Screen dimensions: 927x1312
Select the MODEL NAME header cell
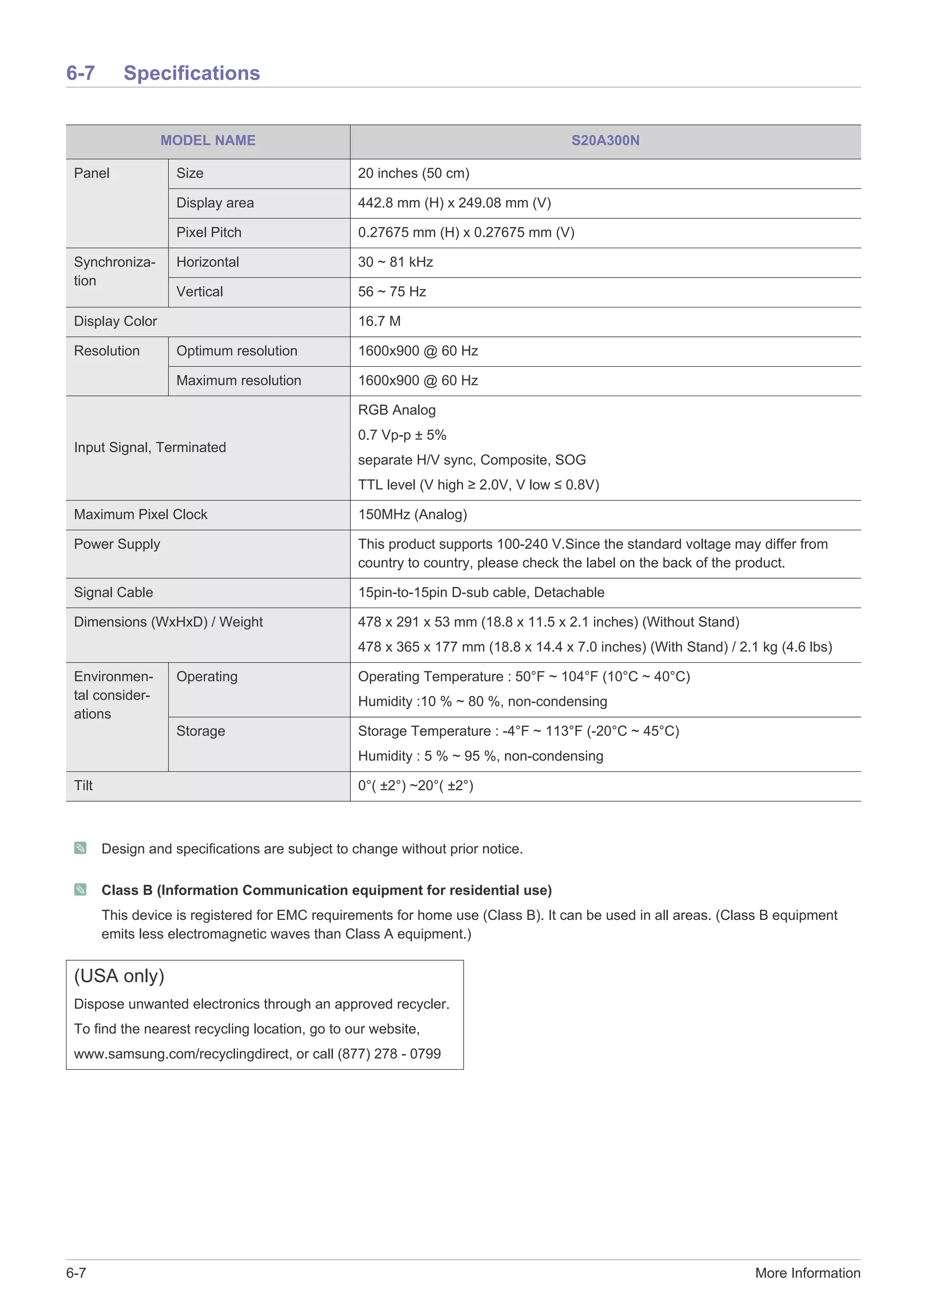(208, 140)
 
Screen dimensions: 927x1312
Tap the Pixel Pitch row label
(209, 233)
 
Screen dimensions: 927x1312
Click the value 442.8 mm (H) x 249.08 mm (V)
(454, 203)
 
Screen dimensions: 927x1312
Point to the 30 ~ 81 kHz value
(395, 262)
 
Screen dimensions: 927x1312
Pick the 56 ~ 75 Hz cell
(392, 292)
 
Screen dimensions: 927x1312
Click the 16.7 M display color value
(379, 322)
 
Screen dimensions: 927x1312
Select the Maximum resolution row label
(238, 381)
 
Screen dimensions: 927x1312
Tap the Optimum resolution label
(236, 351)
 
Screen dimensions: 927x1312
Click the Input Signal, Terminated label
(150, 447)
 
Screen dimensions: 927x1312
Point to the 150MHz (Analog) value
(412, 515)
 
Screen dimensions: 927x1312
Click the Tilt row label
(83, 786)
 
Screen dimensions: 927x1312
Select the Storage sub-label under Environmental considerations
(201, 732)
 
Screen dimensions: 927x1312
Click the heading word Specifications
(191, 73)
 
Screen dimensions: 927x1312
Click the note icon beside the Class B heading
(81, 890)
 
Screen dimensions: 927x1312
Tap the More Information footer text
(807, 1273)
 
